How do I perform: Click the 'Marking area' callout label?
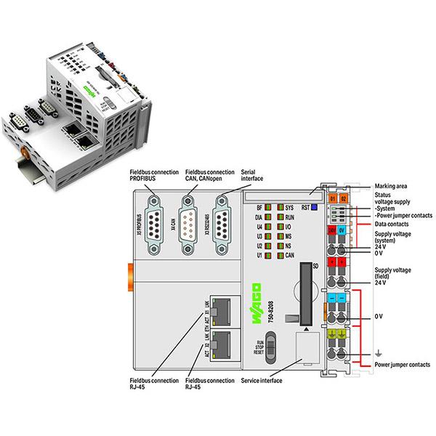pos(392,185)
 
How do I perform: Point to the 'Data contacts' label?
pos(392,226)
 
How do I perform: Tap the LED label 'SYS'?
pos(289,207)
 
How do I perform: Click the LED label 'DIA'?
pos(259,217)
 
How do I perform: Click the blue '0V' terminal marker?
pos(344,230)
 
